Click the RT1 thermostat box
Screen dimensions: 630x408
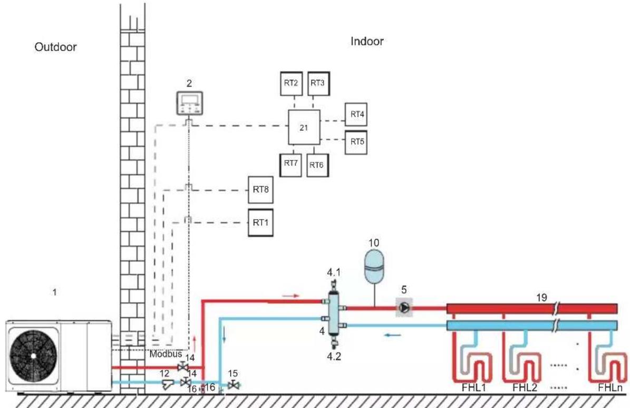[261, 223]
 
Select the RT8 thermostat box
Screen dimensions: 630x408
[261, 189]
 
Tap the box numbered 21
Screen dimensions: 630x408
[304, 127]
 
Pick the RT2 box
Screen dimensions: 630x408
[292, 84]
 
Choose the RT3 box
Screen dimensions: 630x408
[318, 84]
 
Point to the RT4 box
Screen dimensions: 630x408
[356, 115]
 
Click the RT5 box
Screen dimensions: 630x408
[356, 142]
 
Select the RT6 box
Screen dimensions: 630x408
[317, 165]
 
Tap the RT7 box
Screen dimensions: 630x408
[290, 165]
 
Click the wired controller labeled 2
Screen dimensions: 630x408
[190, 103]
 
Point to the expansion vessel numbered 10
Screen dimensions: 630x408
[374, 265]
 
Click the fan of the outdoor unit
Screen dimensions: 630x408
[33, 356]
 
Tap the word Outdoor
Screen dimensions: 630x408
[55, 47]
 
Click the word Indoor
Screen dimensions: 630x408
[367, 41]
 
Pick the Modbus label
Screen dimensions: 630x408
[166, 355]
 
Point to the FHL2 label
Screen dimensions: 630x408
[525, 388]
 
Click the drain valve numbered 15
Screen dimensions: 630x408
[233, 385]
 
